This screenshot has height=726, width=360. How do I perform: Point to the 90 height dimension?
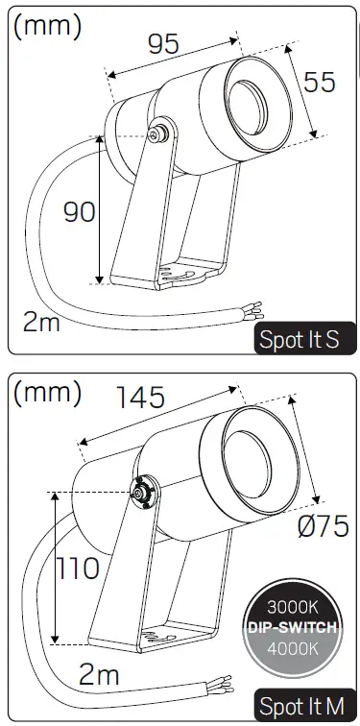pos(80,211)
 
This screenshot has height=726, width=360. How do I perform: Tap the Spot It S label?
pos(299,340)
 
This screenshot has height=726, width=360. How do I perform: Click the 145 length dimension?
pos(140,396)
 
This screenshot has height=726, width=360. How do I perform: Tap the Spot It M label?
pos(300,707)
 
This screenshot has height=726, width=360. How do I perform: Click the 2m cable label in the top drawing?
pos(41,321)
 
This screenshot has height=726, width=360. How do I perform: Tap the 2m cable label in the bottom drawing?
pos(99,675)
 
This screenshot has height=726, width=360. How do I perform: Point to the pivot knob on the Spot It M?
pos(142,492)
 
